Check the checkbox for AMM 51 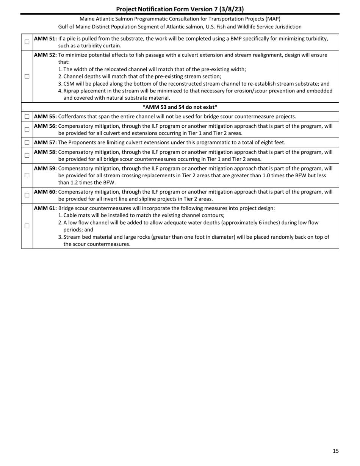point(27,42)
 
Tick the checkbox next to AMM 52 point(27,76)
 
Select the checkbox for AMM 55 point(27,116)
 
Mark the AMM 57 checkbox point(27,142)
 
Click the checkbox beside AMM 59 point(27,175)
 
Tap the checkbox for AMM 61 point(27,226)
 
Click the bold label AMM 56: point(45,126)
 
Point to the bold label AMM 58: point(45,152)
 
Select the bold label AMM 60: point(45,192)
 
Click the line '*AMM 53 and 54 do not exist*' point(180,107)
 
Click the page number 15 point(336,451)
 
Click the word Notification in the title point(155,9)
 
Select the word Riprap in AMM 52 point(71,91)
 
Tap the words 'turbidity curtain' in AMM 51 point(101,46)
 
